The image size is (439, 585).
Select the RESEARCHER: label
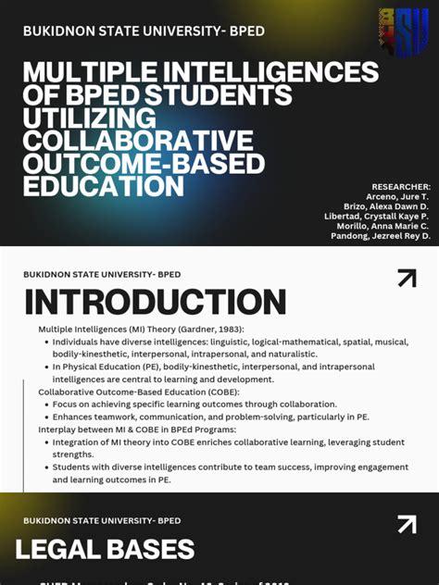tap(401, 187)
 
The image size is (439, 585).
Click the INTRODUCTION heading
tap(155, 303)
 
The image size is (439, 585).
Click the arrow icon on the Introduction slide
tap(406, 279)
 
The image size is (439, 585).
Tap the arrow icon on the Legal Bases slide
tap(406, 525)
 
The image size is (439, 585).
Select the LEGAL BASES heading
tap(105, 550)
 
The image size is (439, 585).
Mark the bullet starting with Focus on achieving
tap(194, 405)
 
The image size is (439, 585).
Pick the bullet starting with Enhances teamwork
tap(210, 417)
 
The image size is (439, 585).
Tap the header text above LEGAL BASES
tap(102, 520)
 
